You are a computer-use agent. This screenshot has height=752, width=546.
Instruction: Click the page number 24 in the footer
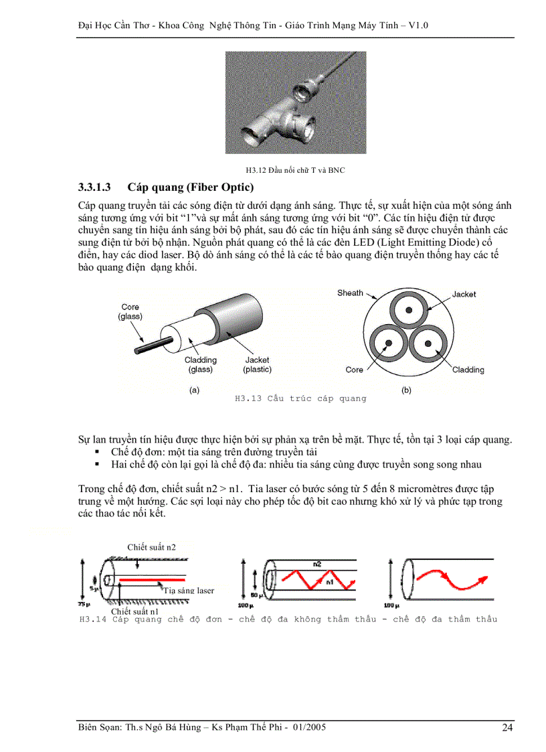tap(507, 728)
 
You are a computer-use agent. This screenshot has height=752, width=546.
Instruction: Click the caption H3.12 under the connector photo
tap(295, 170)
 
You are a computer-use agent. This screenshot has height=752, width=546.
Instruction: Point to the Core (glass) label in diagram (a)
tap(130, 311)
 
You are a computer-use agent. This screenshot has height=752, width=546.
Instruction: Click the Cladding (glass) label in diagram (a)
tap(200, 365)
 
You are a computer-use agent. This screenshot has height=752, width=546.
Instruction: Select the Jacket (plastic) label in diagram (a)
tap(257, 365)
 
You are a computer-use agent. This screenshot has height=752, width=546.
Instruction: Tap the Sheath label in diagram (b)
tap(350, 293)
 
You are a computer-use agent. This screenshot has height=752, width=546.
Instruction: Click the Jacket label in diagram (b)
tap(464, 294)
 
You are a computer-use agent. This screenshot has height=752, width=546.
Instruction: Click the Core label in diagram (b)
tap(354, 370)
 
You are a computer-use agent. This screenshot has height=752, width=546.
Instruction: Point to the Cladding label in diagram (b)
tap(468, 370)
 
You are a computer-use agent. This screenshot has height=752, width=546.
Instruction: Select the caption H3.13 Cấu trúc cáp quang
tap(300, 398)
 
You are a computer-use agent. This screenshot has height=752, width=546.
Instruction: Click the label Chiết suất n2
tap(151, 547)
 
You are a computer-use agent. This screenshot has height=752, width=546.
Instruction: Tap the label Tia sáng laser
tap(189, 591)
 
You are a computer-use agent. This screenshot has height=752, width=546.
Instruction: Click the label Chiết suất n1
tap(134, 611)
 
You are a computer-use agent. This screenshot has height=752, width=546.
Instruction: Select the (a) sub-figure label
tap(194, 390)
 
